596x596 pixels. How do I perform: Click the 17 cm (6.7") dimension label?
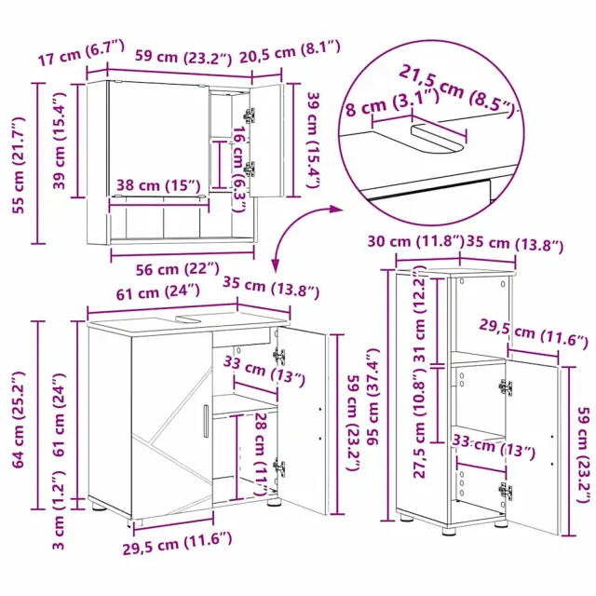click(81, 52)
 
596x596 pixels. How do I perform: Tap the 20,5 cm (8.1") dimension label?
click(290, 52)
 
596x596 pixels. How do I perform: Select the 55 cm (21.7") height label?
click(19, 166)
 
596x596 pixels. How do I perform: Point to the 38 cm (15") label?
click(158, 185)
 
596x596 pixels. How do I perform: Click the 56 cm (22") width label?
click(178, 269)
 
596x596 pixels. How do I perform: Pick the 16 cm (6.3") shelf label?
click(238, 169)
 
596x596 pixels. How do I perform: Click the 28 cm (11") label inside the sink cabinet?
click(260, 454)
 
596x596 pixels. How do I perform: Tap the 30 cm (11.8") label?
click(416, 241)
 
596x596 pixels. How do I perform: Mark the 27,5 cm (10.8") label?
click(419, 425)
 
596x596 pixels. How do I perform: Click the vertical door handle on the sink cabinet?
click(206, 421)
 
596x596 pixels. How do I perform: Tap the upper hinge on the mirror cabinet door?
click(250, 115)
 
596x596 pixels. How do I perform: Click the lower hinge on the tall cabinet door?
click(505, 491)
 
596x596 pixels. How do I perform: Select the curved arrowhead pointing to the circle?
click(335, 209)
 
